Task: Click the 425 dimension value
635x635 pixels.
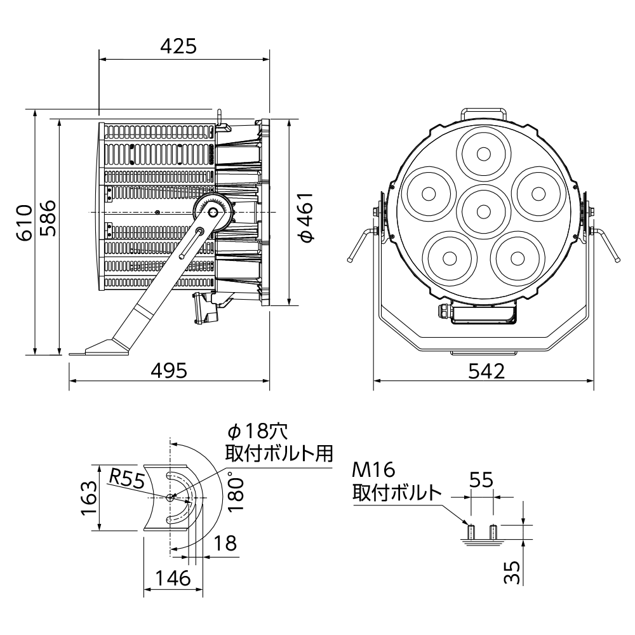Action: pyautogui.click(x=178, y=46)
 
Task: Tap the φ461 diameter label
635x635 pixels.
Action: pyautogui.click(x=307, y=217)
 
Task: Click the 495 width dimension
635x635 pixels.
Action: pyautogui.click(x=170, y=370)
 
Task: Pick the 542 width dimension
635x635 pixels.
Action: pyautogui.click(x=487, y=371)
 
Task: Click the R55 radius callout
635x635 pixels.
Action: pyautogui.click(x=126, y=480)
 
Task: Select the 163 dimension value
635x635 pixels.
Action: pyautogui.click(x=89, y=497)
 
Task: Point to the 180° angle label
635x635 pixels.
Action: pyautogui.click(x=236, y=491)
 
